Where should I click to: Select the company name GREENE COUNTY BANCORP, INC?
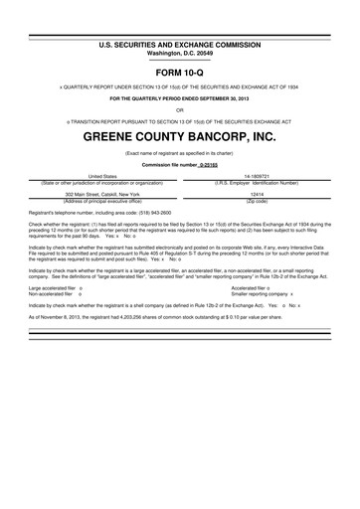tap(179, 134)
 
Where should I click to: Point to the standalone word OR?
tap(179, 110)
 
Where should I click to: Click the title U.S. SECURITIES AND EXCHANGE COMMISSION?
tap(179, 46)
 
